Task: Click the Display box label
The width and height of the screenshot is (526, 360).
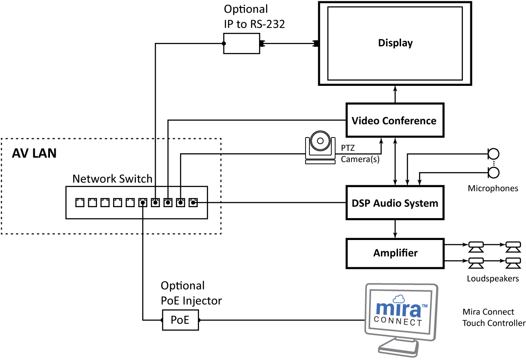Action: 395,43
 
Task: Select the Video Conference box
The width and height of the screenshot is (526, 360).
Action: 395,120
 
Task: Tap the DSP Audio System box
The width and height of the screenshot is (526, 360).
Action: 395,203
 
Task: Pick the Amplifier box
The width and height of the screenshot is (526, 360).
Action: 395,253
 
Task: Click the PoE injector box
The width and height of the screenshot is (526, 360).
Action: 180,320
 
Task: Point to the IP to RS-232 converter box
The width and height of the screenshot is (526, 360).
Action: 242,43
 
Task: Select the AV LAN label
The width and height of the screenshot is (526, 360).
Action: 34,154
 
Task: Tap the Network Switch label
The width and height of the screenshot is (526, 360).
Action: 112,179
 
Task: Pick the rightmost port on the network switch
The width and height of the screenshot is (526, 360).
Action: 193,202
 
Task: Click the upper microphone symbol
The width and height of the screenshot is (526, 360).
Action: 494,154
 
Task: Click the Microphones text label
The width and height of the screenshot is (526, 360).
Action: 493,189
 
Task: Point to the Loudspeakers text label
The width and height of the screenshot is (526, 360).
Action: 493,279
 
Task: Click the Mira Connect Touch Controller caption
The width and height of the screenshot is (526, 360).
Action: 494,318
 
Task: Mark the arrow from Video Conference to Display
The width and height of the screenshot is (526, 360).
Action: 395,94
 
